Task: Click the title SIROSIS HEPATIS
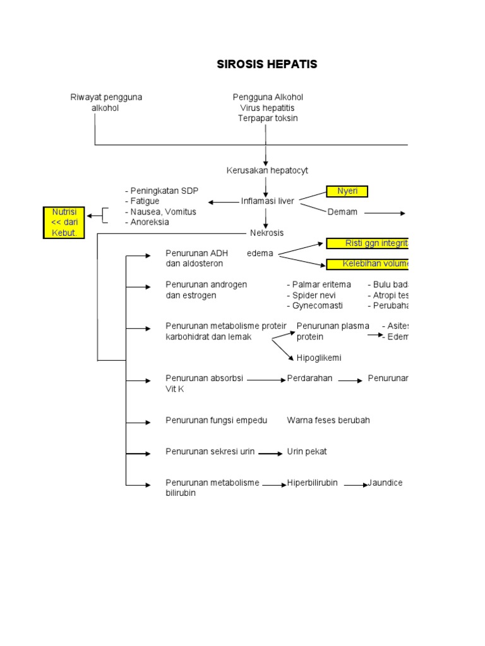[267, 64]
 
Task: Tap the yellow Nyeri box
[347, 191]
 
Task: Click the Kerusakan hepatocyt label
[267, 170]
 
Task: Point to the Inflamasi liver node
[268, 201]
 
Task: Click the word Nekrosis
[267, 233]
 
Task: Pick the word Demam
[342, 212]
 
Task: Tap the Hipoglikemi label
[319, 358]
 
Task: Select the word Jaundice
[385, 483]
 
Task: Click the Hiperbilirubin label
[312, 483]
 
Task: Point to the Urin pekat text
[307, 452]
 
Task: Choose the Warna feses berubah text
[328, 420]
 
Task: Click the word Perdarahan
[309, 379]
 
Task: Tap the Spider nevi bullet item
[311, 295]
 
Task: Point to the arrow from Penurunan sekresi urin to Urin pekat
[270, 454]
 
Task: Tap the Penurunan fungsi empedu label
[216, 420]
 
